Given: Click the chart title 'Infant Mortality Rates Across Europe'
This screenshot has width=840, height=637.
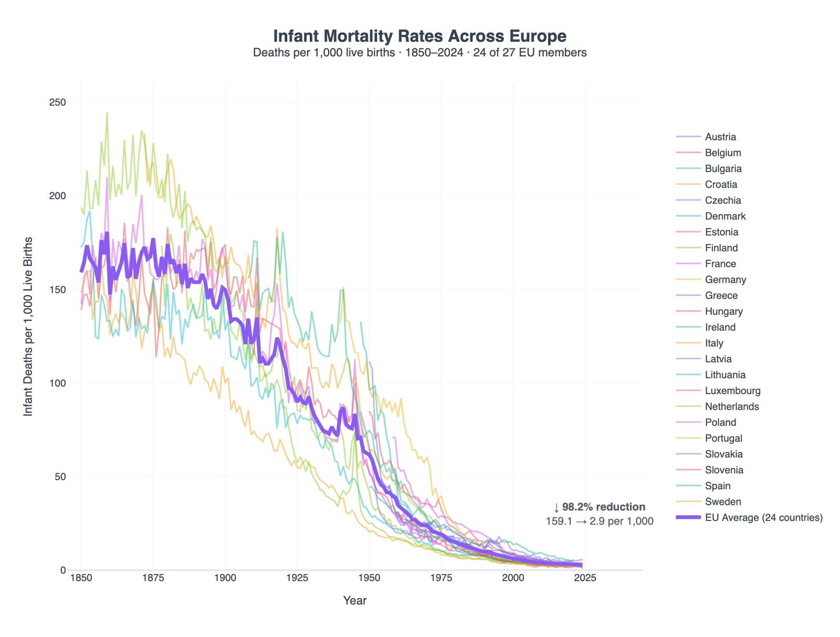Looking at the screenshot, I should pos(419,36).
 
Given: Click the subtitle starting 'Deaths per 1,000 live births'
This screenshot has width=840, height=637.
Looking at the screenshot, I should pos(419,53).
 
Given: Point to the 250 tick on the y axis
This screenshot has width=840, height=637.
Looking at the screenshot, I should pos(57,102).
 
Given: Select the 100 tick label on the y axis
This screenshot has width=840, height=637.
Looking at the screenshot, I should pos(57,383).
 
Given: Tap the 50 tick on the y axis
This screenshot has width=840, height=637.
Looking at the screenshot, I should pos(60,477).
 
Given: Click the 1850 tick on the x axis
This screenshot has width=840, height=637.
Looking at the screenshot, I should pos(81,578).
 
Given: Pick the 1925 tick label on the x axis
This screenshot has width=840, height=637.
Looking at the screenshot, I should pos(297,578).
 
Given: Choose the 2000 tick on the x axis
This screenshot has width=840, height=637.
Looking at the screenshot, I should pos(513,578).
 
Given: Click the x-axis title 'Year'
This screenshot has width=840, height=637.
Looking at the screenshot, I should pos(355,601).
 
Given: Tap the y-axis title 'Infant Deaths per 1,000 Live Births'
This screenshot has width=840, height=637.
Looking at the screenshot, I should pos(28,327).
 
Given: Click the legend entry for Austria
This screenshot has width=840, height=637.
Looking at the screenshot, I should pos(720,137).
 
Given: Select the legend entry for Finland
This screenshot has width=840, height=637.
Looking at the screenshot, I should pos(721,248).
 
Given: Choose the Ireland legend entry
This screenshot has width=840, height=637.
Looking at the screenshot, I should pos(720,327).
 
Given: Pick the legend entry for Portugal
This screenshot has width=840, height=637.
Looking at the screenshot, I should pos(723,438).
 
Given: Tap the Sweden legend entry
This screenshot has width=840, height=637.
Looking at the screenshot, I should pos(722,502).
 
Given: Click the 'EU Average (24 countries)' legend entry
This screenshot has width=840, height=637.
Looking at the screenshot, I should pos(763,518).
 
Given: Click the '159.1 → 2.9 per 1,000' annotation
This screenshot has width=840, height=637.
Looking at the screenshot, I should pos(600,521).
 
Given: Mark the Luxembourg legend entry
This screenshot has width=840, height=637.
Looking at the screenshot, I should pos(732,391).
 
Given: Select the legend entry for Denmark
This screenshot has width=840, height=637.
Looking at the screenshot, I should pos(725,216).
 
